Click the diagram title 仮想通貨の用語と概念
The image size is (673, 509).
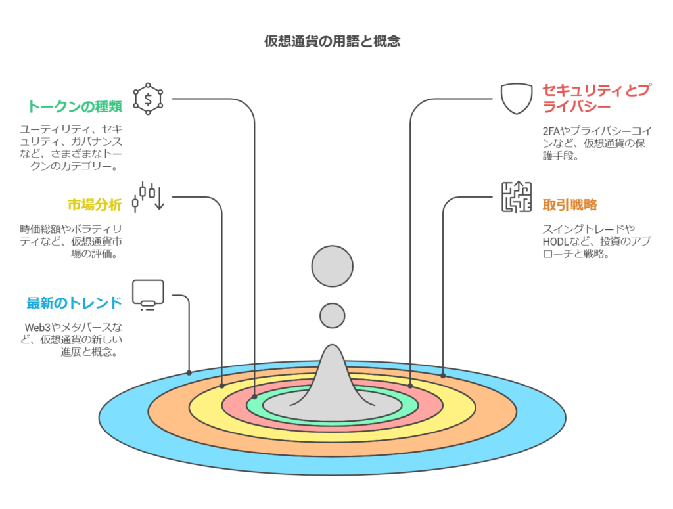tap(332, 41)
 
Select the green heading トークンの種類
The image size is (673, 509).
tap(75, 106)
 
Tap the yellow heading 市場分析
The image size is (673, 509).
tap(95, 205)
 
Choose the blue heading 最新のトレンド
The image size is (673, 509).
tap(74, 303)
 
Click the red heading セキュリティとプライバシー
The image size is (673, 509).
tap(596, 99)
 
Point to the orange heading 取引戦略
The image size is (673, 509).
tap(570, 205)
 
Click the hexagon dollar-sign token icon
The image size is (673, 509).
tap(148, 99)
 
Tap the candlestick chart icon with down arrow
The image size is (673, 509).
tap(148, 197)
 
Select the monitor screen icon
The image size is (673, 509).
tap(148, 295)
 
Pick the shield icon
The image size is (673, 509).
tap(517, 99)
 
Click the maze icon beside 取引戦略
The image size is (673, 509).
tap(517, 197)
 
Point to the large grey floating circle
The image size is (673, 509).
tap(332, 266)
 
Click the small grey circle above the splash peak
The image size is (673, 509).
tap(332, 316)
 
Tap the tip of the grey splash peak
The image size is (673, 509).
tap(332, 345)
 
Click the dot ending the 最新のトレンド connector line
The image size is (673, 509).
tap(189, 373)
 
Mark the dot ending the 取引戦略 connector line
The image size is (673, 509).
tap(443, 376)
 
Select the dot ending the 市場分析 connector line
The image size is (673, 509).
tap(222, 386)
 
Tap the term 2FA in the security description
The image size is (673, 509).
tap(551, 131)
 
